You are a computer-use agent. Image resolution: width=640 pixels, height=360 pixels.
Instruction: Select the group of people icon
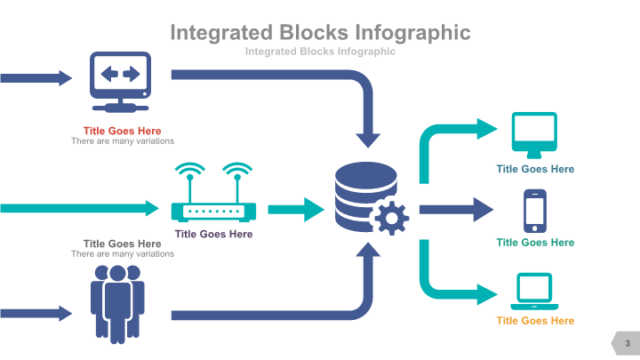click(116, 301)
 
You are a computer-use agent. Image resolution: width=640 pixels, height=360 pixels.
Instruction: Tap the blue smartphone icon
click(534, 210)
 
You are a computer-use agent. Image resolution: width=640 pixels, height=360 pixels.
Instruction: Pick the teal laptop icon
click(534, 291)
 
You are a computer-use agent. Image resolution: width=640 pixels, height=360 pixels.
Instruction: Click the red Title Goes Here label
click(122, 131)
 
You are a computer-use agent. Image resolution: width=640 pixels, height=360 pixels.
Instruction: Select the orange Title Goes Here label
click(535, 321)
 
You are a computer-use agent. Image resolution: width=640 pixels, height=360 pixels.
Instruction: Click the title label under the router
click(213, 235)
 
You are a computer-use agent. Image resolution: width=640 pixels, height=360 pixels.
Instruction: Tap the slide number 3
click(627, 343)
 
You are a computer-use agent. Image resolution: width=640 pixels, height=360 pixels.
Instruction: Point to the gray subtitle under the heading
click(319, 52)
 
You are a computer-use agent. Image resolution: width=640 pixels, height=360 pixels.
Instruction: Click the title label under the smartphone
click(535, 243)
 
